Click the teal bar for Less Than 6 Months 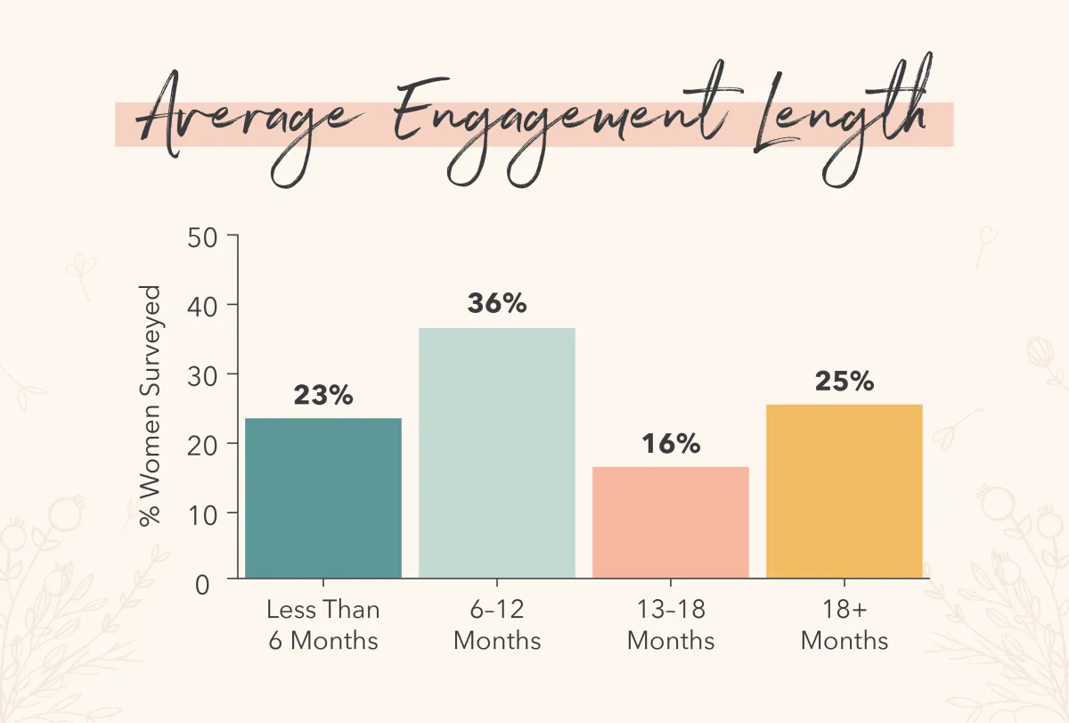tap(323, 497)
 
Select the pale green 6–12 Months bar tap(497, 453)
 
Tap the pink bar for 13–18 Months tap(671, 522)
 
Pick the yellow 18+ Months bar tap(844, 491)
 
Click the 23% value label tap(323, 396)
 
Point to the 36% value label tap(497, 303)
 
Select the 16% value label tap(671, 443)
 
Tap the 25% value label tap(844, 381)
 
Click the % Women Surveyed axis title tap(151, 406)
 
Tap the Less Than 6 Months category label tap(322, 625)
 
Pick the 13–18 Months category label tap(671, 625)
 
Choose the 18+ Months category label tap(844, 625)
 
